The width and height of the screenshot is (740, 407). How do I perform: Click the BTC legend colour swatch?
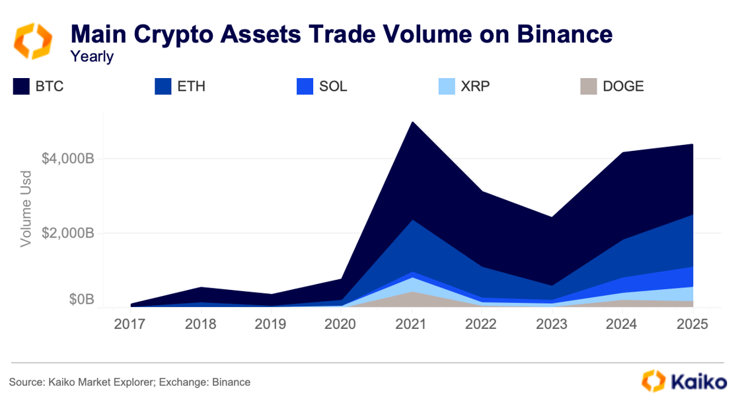pyautogui.click(x=20, y=87)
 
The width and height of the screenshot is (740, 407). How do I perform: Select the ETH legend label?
pyautogui.click(x=191, y=87)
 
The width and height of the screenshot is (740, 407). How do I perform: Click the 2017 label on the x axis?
pyautogui.click(x=130, y=324)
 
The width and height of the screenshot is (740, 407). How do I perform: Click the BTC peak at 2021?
pyautogui.click(x=412, y=122)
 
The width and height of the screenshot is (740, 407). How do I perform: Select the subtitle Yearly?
pyautogui.click(x=92, y=57)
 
